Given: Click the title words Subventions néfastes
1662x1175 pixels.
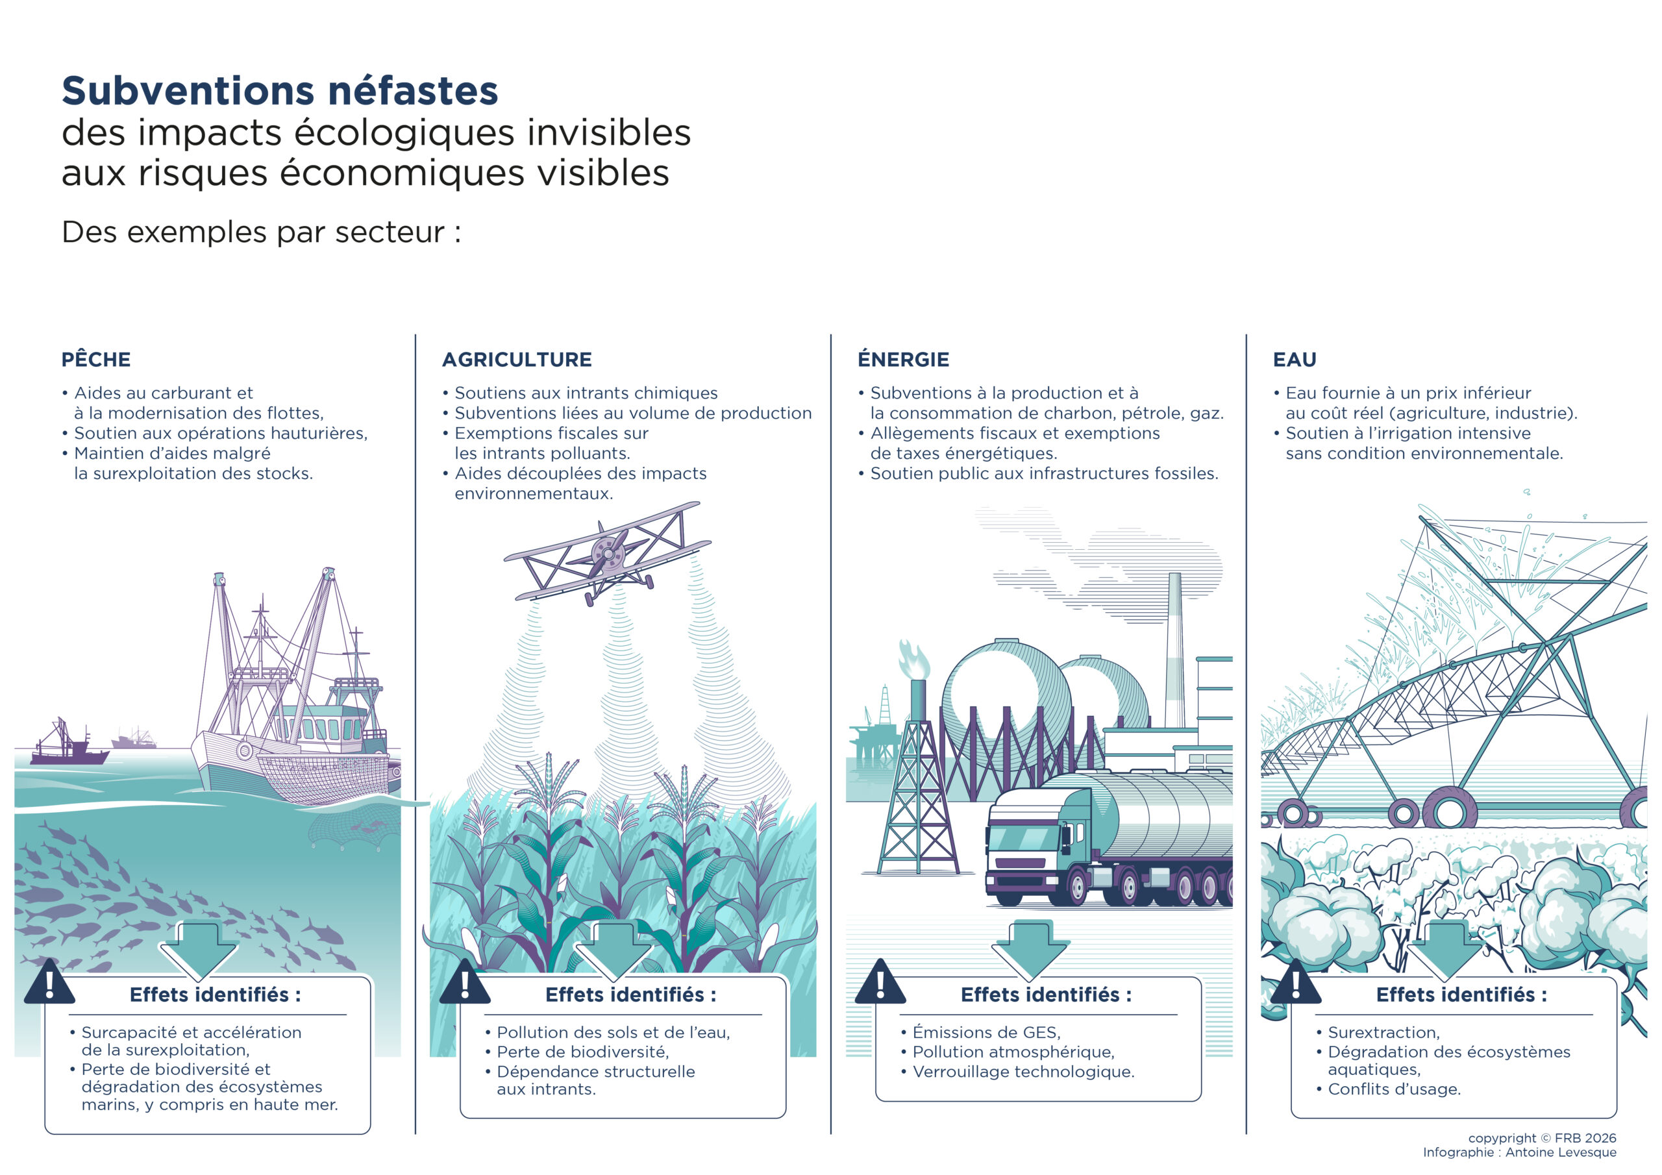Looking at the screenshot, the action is coord(280,92).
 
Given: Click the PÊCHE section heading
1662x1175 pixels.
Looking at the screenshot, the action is coord(96,359).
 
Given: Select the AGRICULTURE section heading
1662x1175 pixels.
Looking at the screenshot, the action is coord(517,360).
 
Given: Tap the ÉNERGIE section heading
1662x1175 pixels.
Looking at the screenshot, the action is coord(903,359).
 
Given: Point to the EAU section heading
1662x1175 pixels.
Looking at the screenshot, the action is coord(1295,360).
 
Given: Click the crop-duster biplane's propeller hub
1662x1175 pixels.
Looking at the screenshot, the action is coord(609,554).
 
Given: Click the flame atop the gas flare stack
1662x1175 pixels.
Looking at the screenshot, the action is coord(913,659).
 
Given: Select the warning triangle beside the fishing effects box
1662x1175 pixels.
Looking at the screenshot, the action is coord(49,982).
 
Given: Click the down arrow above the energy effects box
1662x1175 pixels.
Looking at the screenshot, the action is coord(1030,950).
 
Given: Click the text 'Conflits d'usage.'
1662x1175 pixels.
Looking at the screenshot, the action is coord(1394,1089).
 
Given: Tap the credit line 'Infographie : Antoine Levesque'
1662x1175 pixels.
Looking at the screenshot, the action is coord(1519,1152).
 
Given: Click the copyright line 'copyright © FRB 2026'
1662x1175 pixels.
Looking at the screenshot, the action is coord(1542,1138).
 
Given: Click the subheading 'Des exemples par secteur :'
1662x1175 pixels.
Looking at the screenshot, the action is coord(262,232).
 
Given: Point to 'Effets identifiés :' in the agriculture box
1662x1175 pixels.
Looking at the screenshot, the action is coord(630,995).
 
